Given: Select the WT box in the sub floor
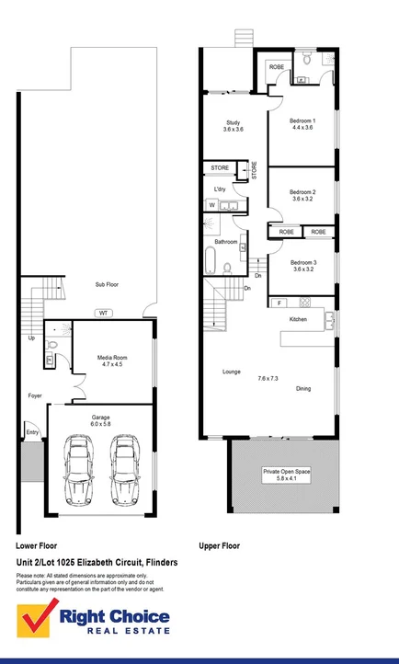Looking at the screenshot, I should click(x=105, y=313).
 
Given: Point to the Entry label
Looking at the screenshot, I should click(x=32, y=431).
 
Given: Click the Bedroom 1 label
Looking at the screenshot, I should click(x=302, y=124).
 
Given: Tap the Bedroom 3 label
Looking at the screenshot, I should click(x=302, y=265).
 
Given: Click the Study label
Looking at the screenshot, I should click(x=233, y=126).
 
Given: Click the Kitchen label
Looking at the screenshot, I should click(x=299, y=319).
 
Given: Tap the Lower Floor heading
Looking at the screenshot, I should click(x=38, y=545).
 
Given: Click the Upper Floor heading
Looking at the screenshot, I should click(x=220, y=545).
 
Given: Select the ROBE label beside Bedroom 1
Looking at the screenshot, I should click(x=277, y=67).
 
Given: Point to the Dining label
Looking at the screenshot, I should click(x=303, y=389).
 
